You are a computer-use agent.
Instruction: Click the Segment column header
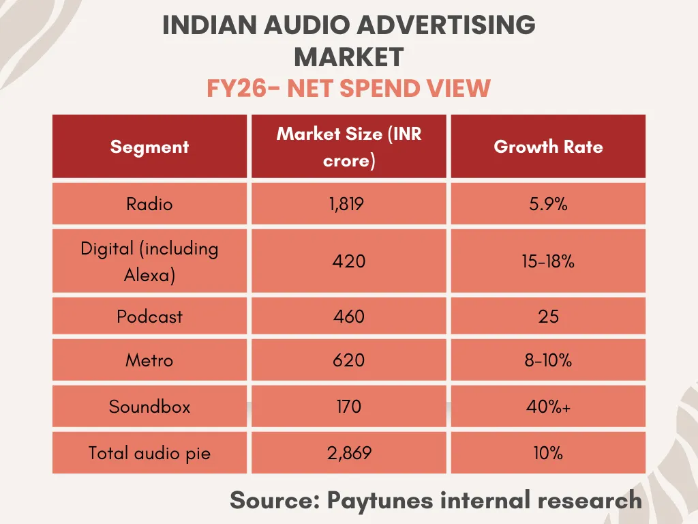click(149, 147)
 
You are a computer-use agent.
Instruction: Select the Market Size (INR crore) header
click(349, 147)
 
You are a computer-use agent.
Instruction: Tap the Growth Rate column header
click(548, 147)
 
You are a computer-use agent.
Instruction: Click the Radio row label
click(149, 204)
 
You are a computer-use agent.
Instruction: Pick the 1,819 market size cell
click(349, 204)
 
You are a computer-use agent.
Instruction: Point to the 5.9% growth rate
click(548, 204)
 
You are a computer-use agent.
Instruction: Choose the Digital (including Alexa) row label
click(149, 261)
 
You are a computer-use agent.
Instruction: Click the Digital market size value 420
click(349, 261)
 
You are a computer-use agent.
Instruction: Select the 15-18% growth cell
click(548, 261)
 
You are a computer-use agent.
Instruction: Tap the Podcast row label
click(149, 317)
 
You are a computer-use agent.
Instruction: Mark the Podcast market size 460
click(349, 317)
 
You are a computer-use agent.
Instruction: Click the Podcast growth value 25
click(548, 317)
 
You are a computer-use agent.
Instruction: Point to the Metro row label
click(149, 360)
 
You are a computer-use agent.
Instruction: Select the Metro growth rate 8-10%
click(548, 360)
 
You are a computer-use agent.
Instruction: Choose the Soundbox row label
click(149, 407)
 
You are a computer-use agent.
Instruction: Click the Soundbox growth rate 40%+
click(548, 407)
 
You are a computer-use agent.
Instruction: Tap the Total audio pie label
click(149, 452)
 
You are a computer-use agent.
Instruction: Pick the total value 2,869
click(349, 452)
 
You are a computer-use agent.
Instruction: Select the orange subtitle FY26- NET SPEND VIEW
click(348, 89)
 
